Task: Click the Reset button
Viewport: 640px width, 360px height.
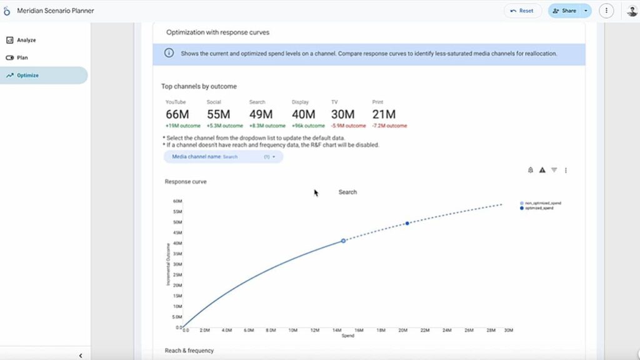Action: tap(522, 11)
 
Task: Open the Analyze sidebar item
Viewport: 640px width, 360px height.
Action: tap(26, 40)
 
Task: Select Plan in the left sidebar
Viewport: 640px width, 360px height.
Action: tap(22, 57)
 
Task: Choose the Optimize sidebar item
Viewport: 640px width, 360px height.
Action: tap(27, 75)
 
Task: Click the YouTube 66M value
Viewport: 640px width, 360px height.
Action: tap(177, 114)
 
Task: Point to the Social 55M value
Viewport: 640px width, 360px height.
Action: tap(218, 114)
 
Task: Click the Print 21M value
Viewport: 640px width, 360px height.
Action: tap(384, 114)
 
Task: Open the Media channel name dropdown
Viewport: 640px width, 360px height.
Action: tap(223, 157)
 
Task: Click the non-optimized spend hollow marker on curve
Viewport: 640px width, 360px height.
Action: tap(343, 241)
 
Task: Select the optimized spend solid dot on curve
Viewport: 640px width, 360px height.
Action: tap(407, 223)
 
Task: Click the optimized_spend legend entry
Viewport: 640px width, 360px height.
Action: tap(539, 208)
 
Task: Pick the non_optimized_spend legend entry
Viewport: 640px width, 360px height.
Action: tap(542, 203)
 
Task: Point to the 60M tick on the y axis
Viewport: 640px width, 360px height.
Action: tap(177, 201)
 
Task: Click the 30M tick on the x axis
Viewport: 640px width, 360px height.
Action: tap(509, 330)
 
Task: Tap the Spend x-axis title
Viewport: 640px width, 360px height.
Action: tap(347, 336)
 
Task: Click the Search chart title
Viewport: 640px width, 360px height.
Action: tap(347, 192)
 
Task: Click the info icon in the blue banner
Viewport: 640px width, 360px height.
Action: tap(169, 54)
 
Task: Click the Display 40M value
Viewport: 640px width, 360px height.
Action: tap(303, 114)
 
